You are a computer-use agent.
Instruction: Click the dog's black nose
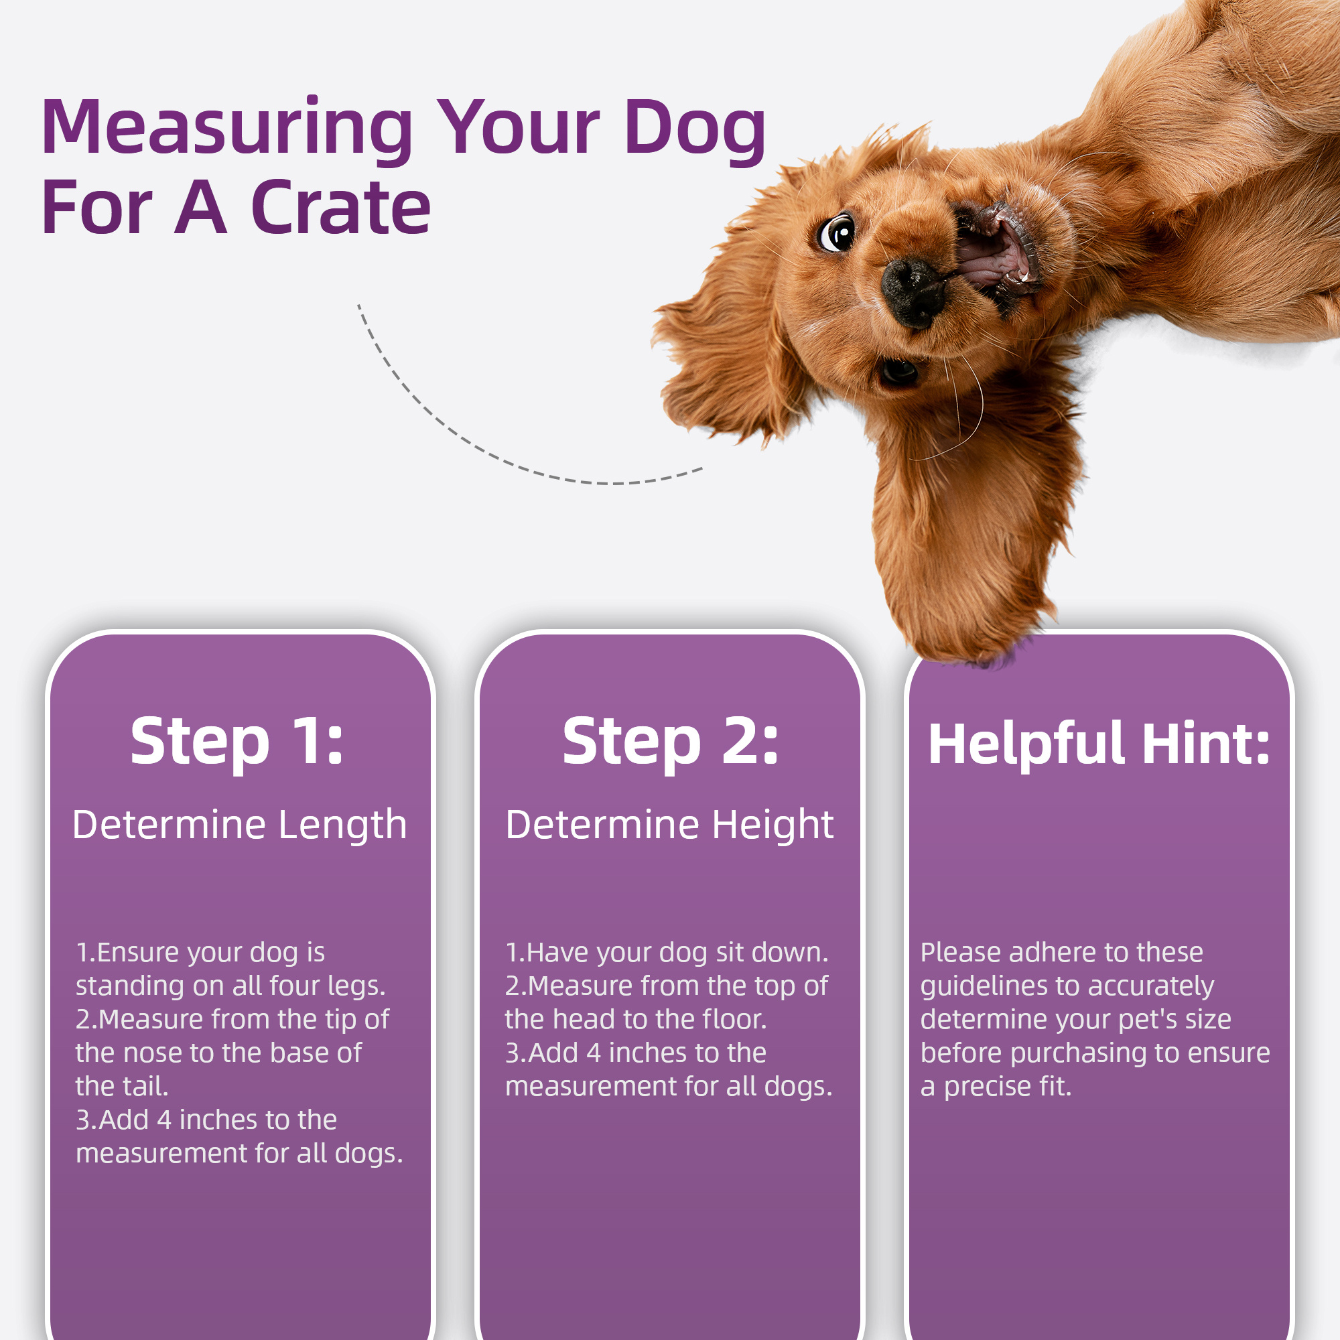pyautogui.click(x=912, y=291)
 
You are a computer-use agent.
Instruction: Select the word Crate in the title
pyautogui.click(x=340, y=208)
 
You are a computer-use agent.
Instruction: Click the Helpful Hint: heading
pyautogui.click(x=1099, y=744)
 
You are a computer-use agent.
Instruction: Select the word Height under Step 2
pyautogui.click(x=773, y=826)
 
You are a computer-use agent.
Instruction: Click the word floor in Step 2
pyautogui.click(x=734, y=1020)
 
